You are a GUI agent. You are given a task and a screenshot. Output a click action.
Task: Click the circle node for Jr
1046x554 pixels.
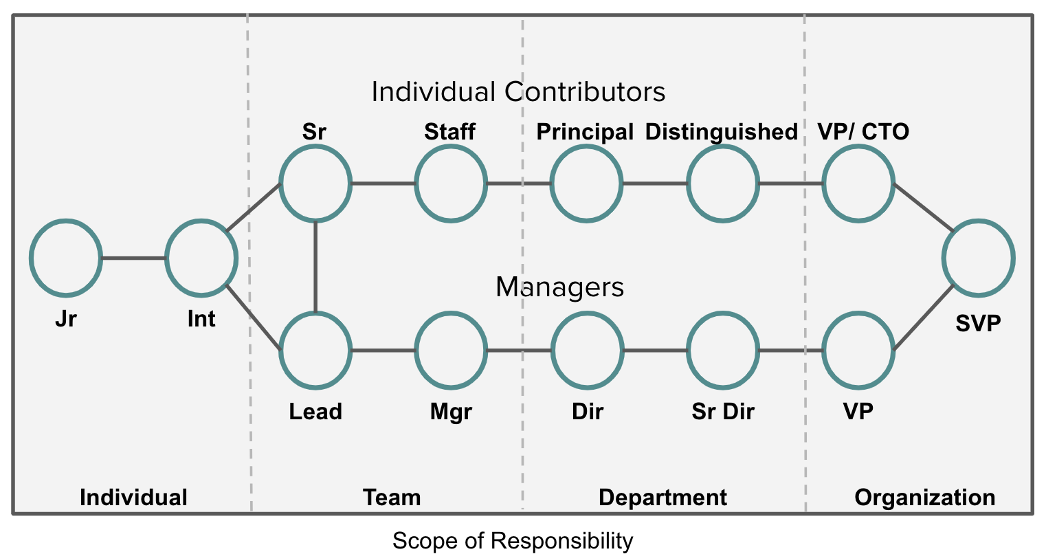[x=65, y=258]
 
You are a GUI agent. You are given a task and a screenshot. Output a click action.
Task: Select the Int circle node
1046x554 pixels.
[x=201, y=258]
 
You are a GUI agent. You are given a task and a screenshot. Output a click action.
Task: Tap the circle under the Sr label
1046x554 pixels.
[x=315, y=184]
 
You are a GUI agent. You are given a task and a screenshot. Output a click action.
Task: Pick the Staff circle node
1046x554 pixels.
[x=451, y=184]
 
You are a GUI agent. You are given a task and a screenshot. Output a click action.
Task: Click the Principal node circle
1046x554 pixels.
[x=587, y=184]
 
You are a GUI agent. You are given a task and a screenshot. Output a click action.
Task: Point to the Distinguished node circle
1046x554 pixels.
[x=723, y=184]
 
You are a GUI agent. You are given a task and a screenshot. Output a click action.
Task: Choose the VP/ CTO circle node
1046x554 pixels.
[x=859, y=184]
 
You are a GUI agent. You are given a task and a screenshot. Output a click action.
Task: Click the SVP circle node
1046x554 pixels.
[x=978, y=258]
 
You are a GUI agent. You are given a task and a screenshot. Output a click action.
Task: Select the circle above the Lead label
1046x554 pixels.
[x=315, y=350]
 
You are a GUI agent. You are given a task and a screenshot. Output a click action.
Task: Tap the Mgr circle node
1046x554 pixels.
[x=451, y=350]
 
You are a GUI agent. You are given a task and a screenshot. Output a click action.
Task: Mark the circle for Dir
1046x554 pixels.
[x=587, y=350]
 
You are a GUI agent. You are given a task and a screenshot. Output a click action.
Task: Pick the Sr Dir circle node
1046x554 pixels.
[x=723, y=350]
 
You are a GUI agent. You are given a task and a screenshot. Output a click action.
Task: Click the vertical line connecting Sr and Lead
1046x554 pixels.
[x=315, y=267]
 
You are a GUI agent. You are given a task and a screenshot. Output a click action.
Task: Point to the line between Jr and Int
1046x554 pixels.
[x=133, y=258]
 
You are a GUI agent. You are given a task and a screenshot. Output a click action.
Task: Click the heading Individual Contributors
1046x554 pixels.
[x=518, y=92]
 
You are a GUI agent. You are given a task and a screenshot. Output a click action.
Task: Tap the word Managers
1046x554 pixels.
[x=559, y=287]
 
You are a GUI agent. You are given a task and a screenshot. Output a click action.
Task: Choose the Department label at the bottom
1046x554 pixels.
[x=663, y=498]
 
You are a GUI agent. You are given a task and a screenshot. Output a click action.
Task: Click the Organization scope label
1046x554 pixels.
[x=924, y=498]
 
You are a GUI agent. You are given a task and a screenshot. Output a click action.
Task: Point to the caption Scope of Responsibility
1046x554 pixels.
[x=513, y=541]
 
